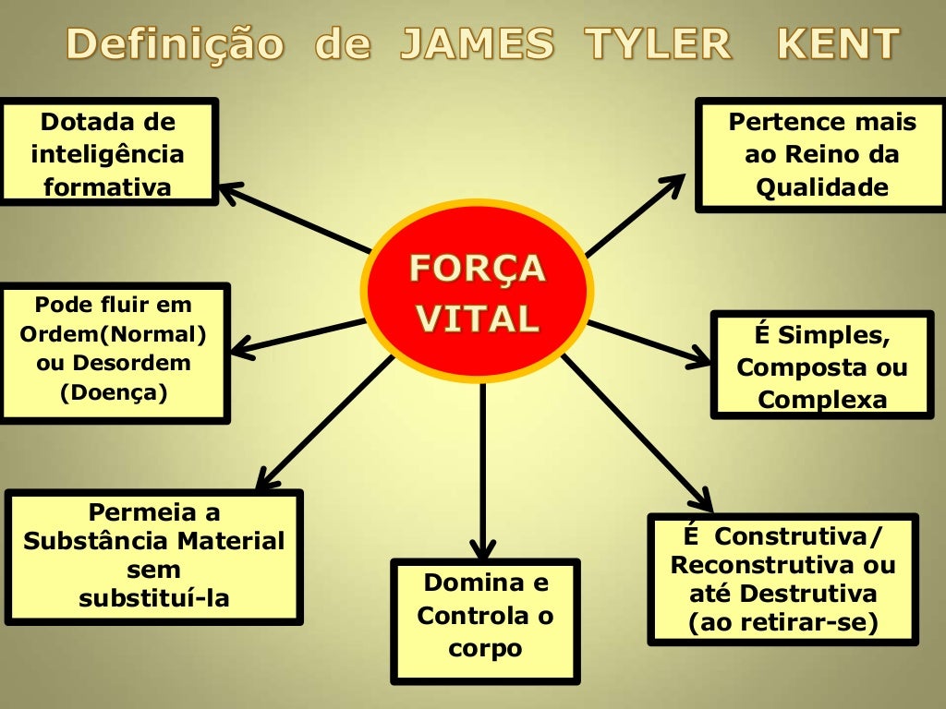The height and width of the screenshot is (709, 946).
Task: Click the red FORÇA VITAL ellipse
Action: [x=478, y=291]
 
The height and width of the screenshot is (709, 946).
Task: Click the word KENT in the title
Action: [x=838, y=44]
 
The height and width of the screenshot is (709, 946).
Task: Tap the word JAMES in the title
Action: [x=477, y=44]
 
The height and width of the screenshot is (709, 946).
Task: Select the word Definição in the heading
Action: [x=176, y=44]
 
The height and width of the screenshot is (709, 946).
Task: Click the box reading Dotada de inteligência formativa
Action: [x=108, y=153]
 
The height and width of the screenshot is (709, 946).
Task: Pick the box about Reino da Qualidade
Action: [x=821, y=155]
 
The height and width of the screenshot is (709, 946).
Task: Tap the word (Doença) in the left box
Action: [x=114, y=392]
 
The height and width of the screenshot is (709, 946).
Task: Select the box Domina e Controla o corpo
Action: [x=485, y=616]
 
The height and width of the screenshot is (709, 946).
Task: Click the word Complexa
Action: [x=822, y=400]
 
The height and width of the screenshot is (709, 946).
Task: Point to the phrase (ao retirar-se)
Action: [x=782, y=622]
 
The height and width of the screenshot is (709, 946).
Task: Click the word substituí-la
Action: [x=154, y=598]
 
